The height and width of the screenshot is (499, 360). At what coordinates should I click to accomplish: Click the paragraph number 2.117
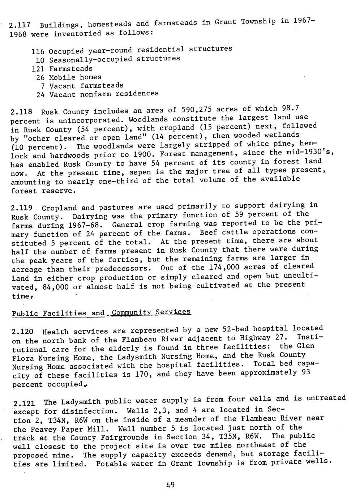click(x=19, y=26)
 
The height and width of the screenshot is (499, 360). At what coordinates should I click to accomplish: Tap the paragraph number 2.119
click(x=22, y=208)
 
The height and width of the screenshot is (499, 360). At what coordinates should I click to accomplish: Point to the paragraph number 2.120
click(x=23, y=332)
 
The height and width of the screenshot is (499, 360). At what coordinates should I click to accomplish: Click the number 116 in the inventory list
click(x=38, y=51)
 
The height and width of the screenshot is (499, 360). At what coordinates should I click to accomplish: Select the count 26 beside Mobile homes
click(x=40, y=77)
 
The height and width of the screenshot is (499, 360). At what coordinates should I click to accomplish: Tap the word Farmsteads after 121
click(x=71, y=68)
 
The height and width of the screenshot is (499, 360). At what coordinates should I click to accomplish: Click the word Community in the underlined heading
click(x=129, y=312)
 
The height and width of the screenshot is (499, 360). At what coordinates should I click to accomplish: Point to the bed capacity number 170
click(x=144, y=375)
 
